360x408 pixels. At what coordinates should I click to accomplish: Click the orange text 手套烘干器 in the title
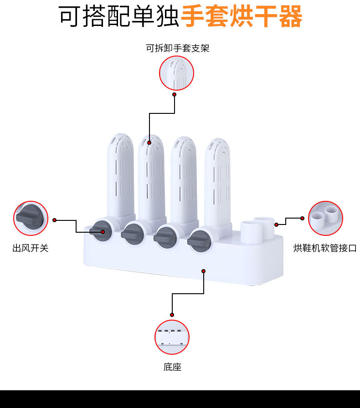(242, 17)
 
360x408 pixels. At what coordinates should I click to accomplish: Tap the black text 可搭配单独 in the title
(119, 17)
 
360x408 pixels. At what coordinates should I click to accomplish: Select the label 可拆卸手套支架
(177, 48)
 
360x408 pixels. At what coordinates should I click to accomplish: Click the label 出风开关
(30, 248)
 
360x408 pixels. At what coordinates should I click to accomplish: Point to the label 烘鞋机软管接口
(325, 248)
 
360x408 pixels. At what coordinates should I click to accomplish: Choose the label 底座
(172, 367)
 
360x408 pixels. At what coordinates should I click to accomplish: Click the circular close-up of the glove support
(176, 73)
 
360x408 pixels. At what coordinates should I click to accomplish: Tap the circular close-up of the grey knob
(31, 218)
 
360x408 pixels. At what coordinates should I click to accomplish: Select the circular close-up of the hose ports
(325, 218)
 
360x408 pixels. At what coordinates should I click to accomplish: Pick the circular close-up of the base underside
(172, 337)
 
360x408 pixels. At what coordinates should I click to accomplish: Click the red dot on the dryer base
(203, 271)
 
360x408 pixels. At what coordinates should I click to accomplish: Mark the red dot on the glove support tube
(149, 143)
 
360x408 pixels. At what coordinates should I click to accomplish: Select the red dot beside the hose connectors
(276, 224)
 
